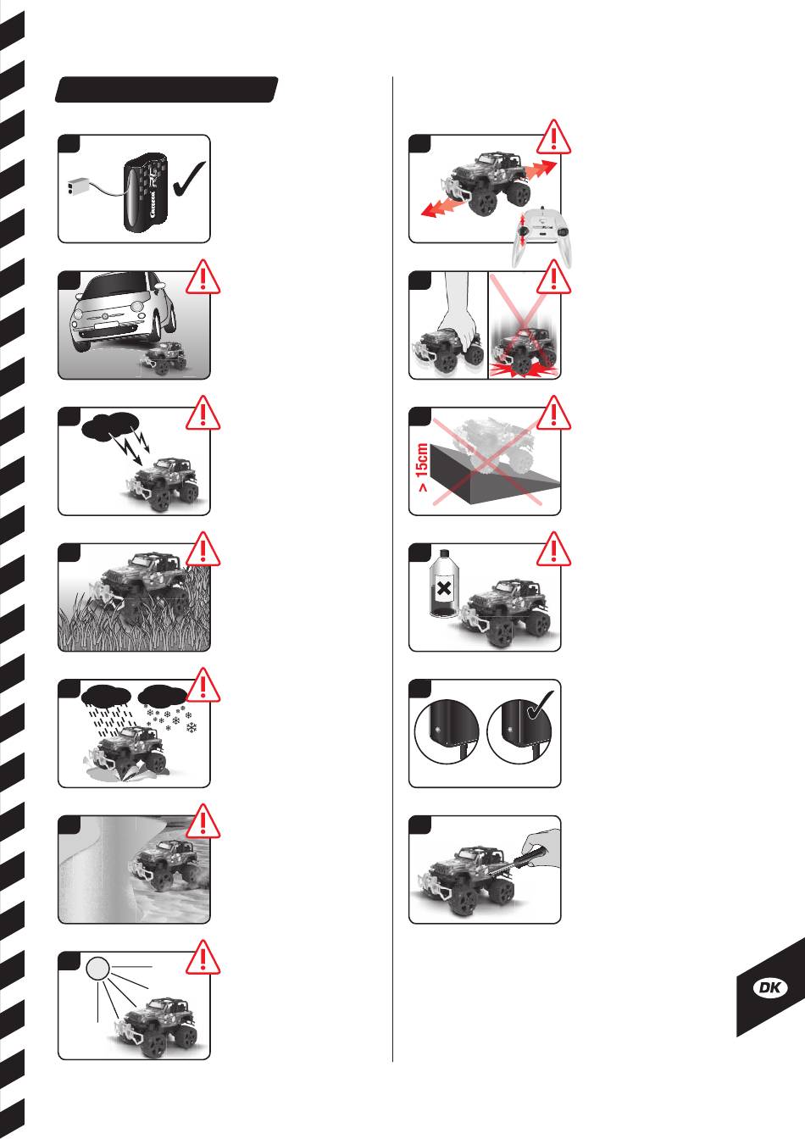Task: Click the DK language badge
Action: (770, 987)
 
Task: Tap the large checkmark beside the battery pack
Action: (189, 179)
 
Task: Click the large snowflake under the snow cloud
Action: (192, 728)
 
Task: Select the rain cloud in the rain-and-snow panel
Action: (106, 696)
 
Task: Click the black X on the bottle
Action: (444, 589)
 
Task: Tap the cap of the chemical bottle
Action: (444, 553)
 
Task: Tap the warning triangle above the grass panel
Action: (203, 548)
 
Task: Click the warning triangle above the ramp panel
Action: (553, 413)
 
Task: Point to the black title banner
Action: (166, 90)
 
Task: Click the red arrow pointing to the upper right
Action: (539, 169)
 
